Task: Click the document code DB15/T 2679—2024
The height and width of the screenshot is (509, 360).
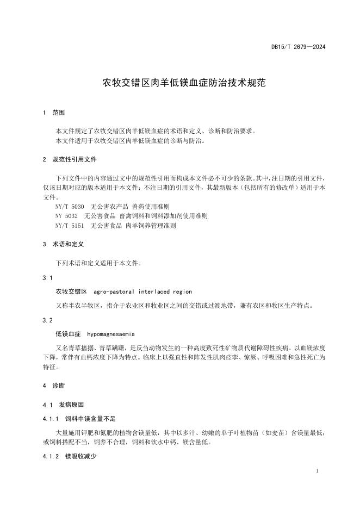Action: [298, 47]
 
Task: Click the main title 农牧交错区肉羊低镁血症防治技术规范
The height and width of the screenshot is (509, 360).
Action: [179, 83]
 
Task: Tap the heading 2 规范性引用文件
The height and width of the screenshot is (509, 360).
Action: [70, 160]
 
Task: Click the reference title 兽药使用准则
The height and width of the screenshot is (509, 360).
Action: [151, 207]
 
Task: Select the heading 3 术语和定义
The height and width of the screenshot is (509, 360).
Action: [63, 245]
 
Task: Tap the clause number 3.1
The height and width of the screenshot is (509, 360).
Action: [47, 278]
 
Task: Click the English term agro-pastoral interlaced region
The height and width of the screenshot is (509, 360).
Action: [142, 291]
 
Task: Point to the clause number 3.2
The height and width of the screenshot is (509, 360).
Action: [47, 320]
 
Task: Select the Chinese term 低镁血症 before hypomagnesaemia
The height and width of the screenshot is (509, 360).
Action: [68, 333]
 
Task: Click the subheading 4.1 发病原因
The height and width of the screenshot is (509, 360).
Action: [63, 405]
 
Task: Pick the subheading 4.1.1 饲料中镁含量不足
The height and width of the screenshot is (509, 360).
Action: [79, 419]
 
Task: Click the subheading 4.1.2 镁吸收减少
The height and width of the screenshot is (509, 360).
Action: [69, 457]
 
